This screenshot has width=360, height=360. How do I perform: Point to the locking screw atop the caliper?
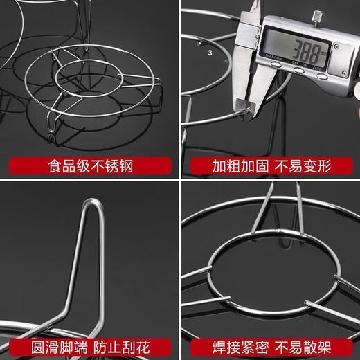coord(316,15)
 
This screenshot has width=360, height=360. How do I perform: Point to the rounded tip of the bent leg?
coord(91,204)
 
